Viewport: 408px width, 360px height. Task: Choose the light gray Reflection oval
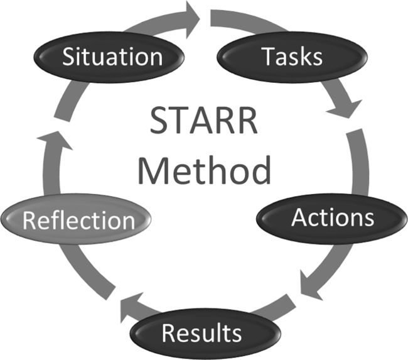(78, 220)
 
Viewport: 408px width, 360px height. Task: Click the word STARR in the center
(204, 121)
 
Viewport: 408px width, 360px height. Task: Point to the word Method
(205, 170)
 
